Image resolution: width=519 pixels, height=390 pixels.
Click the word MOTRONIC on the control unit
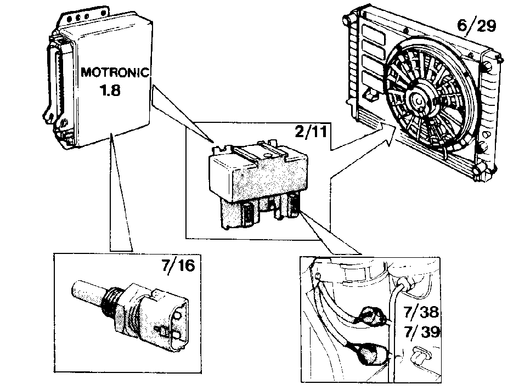[x=115, y=72]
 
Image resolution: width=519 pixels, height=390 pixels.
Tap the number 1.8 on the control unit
[x=111, y=90]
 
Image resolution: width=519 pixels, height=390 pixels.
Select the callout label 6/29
[x=477, y=25]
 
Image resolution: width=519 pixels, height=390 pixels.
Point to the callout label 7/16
[x=178, y=265]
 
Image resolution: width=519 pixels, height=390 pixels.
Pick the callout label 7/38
[x=421, y=312]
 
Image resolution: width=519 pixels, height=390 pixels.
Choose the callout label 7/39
[x=422, y=332]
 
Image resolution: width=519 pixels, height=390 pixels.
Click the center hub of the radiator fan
[x=420, y=100]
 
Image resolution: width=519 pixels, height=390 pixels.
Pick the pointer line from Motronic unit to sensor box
[x=121, y=192]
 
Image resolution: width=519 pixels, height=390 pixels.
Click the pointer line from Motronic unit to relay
[x=182, y=114]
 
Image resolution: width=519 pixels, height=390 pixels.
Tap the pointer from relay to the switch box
[x=331, y=234]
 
